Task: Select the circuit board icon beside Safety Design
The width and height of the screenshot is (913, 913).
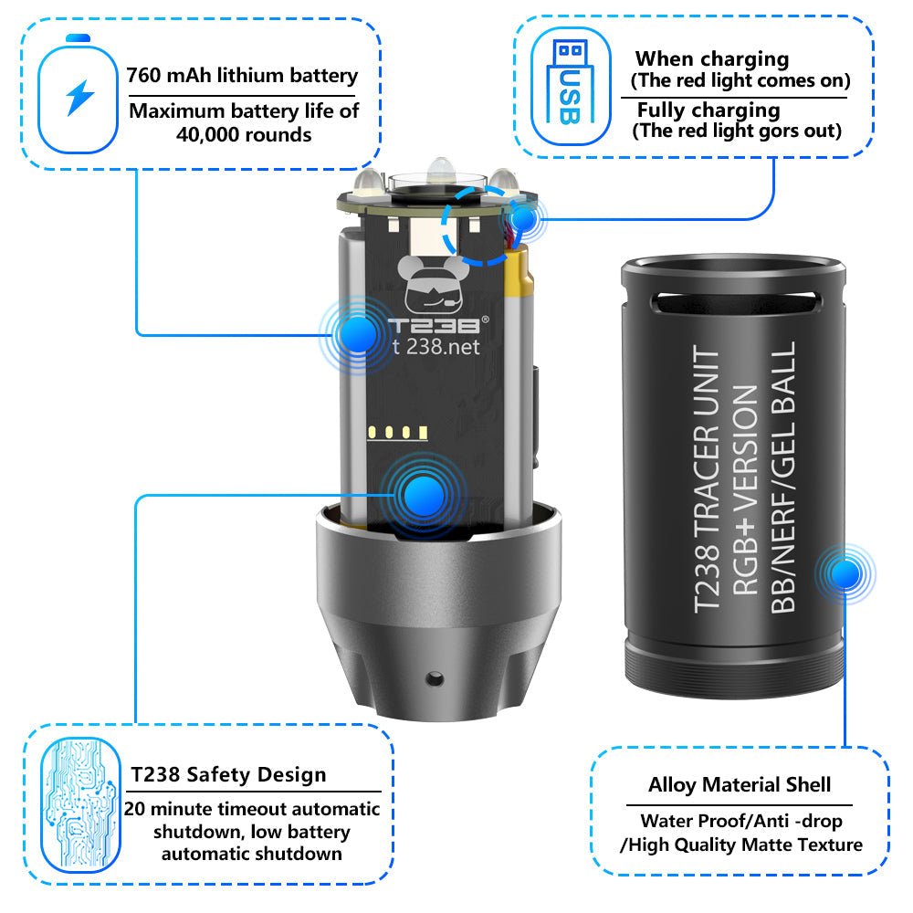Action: pos(80,805)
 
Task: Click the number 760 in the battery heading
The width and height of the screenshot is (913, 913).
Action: pos(143,76)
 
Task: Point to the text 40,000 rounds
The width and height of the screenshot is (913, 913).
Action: pos(244,135)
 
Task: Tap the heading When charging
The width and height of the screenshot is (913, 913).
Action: pos(712,58)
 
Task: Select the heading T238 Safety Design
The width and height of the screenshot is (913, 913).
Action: pos(228,774)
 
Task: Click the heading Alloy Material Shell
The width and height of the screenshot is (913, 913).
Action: pos(740,784)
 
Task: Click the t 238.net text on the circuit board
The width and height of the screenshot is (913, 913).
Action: pos(436,347)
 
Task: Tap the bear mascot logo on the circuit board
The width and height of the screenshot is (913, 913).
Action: pos(432,285)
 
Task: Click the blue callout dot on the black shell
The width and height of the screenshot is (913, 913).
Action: pos(845,574)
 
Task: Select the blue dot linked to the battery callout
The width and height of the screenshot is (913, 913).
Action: pos(358,334)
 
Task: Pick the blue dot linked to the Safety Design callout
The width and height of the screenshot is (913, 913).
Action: pos(424,496)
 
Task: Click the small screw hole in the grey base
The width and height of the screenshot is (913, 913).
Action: pos(434,678)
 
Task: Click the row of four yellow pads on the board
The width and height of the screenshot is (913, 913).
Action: pos(398,432)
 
